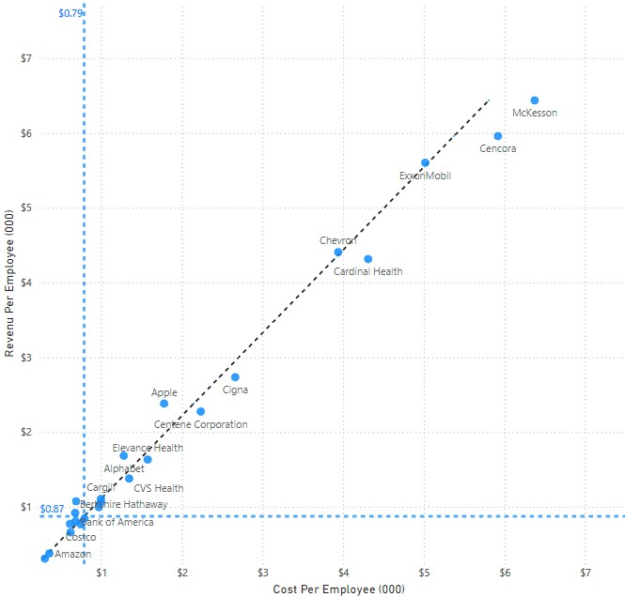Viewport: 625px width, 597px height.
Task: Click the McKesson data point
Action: click(535, 100)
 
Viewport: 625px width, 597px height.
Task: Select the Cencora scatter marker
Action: click(498, 136)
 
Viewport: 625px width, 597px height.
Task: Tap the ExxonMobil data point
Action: click(425, 162)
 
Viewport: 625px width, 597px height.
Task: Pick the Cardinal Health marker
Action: click(368, 259)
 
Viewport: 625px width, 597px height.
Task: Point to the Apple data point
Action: click(164, 404)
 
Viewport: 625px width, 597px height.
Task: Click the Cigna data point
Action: click(235, 377)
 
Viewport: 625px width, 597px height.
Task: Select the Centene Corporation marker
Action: click(201, 411)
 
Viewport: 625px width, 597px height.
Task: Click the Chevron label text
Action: click(338, 241)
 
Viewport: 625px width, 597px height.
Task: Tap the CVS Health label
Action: click(159, 488)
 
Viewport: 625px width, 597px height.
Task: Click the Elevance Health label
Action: click(148, 449)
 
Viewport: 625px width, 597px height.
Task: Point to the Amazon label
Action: click(73, 555)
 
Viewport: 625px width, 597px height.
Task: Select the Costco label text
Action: click(81, 537)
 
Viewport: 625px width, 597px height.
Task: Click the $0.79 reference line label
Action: click(70, 14)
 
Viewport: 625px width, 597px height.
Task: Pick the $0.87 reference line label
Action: click(52, 509)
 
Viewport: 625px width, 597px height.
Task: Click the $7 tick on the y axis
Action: click(26, 58)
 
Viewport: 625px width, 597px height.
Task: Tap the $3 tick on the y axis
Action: click(26, 358)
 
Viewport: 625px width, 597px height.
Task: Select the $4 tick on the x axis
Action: click(343, 572)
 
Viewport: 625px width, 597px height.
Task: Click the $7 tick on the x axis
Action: click(586, 572)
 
